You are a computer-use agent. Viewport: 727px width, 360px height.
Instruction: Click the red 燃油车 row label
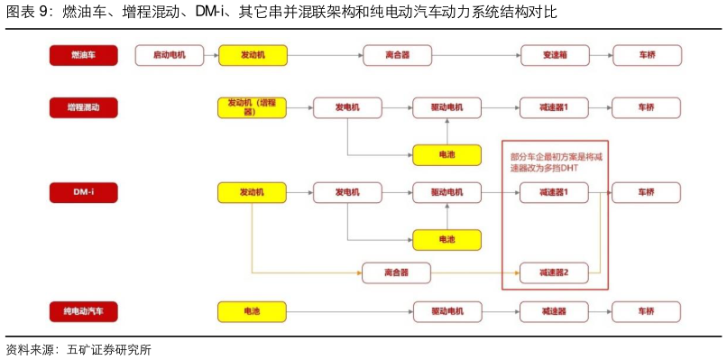tap(83, 55)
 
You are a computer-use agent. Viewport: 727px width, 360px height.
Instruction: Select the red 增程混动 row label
tap(83, 107)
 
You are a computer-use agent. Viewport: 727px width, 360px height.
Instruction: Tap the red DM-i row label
tap(83, 192)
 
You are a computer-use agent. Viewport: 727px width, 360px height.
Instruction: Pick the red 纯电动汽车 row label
tap(83, 311)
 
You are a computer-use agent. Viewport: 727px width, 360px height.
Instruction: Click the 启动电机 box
tap(170, 55)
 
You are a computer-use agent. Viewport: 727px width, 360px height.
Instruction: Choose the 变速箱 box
tap(555, 55)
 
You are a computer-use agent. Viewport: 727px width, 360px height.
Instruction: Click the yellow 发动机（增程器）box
tap(253, 108)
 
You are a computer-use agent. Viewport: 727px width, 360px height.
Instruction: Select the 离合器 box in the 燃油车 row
tap(397, 55)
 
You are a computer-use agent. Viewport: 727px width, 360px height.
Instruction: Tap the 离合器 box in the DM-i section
tap(396, 272)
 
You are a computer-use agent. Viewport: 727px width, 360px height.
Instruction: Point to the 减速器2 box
tap(554, 272)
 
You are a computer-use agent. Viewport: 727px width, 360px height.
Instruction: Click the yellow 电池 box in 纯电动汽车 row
tap(253, 311)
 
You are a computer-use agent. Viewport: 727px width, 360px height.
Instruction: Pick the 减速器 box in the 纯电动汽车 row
tap(554, 311)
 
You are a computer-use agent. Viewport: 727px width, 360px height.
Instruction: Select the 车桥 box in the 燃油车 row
tap(647, 55)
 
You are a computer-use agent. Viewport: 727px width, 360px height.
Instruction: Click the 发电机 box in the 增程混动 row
tap(347, 107)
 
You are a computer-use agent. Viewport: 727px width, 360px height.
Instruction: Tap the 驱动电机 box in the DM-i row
tap(447, 192)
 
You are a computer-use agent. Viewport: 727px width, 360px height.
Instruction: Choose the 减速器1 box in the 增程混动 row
tap(554, 107)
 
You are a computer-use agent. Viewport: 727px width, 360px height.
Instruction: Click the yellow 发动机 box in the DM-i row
tap(253, 192)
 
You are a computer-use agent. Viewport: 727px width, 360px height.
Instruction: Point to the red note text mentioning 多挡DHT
tap(555, 162)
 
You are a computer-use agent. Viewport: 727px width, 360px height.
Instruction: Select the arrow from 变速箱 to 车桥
tap(601, 55)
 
